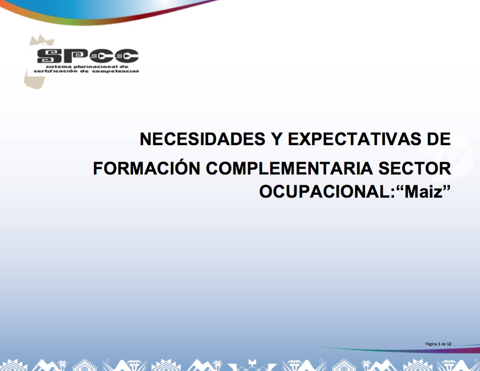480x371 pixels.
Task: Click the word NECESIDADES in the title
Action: [202, 139]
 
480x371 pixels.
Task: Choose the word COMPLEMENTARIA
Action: [289, 168]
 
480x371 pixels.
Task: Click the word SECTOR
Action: [415, 168]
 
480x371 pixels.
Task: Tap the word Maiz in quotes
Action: [424, 192]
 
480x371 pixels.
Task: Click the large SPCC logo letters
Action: [88, 56]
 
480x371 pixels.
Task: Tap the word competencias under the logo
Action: [115, 71]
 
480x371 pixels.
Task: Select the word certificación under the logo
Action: [55, 71]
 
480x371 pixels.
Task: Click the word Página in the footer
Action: [431, 344]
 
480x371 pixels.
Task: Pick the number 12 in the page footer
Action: [449, 344]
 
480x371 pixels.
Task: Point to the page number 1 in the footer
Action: [439, 344]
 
